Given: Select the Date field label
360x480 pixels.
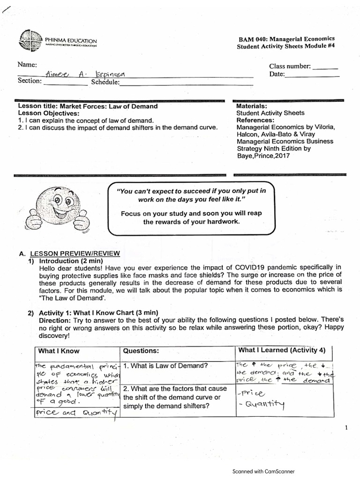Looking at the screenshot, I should coord(277,75).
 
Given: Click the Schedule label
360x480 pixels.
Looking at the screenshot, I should coord(105,82).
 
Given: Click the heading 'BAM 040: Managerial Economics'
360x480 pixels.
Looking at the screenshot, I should coord(292,38).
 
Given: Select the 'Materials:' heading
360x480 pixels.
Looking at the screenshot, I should coord(252,106).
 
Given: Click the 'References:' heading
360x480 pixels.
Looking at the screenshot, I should coord(255,120).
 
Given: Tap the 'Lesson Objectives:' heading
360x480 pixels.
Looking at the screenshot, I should coord(49,113).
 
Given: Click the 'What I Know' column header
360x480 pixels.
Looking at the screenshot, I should coord(59,351).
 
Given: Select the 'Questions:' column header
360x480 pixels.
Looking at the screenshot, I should coord(141,351).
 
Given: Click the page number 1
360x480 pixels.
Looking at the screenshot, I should coord(346,427).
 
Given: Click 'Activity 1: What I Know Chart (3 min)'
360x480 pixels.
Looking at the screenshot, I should coord(98,312).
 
